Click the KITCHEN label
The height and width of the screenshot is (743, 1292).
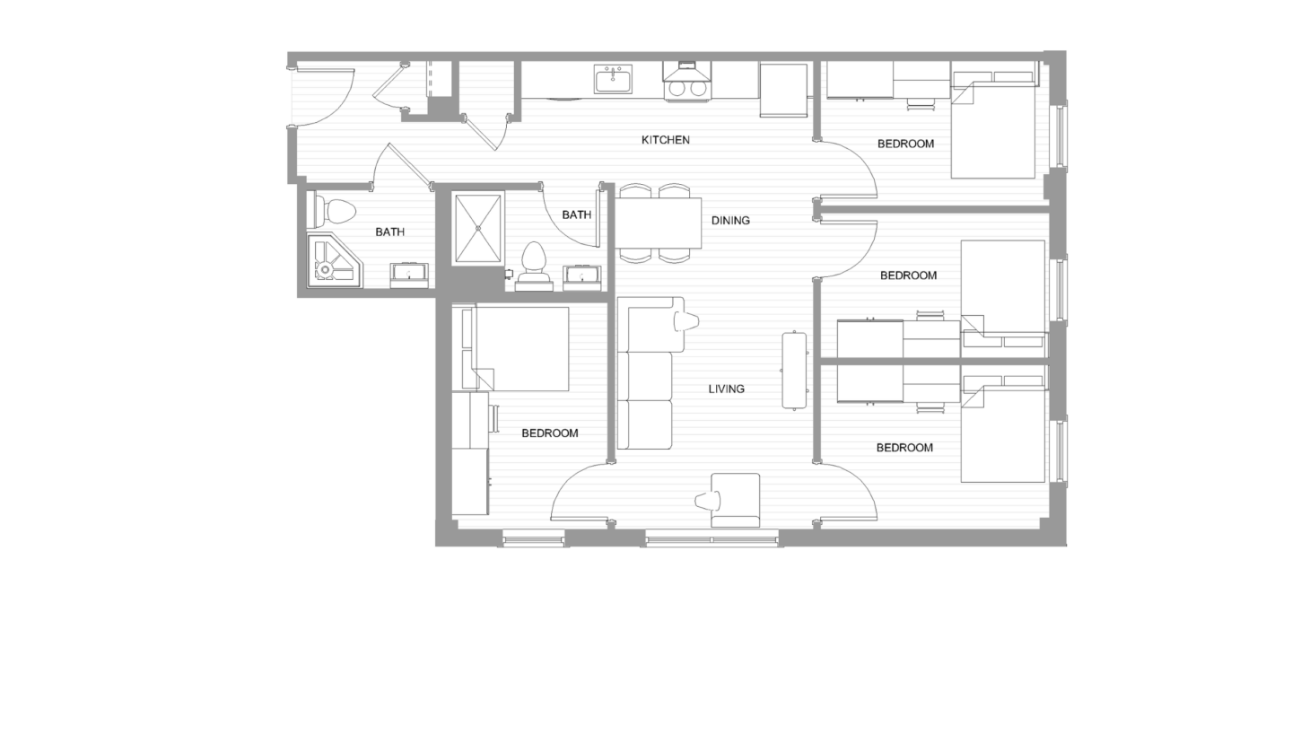pos(665,140)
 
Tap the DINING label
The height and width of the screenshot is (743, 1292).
pos(730,221)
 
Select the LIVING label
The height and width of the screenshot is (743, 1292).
pos(726,389)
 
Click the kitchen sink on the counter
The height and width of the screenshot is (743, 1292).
pos(613,80)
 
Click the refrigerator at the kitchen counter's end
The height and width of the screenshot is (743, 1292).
pos(784,90)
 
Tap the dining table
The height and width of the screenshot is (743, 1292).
pos(657,223)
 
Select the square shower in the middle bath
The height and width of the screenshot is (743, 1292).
pos(477,228)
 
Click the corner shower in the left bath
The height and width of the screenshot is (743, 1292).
pos(333,261)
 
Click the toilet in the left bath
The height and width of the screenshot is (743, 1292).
pos(334,212)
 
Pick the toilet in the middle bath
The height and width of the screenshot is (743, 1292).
pos(534,260)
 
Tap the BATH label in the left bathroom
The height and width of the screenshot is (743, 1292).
pos(389,232)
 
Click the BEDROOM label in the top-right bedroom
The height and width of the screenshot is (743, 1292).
pos(905,144)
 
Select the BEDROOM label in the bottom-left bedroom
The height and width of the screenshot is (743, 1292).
pos(549,433)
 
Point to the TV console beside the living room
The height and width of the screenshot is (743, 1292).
pos(794,371)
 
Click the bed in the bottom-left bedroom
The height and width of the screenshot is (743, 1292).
pos(520,348)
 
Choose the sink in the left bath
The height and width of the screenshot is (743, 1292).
pos(409,275)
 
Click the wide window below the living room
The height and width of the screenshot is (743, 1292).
pos(711,539)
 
